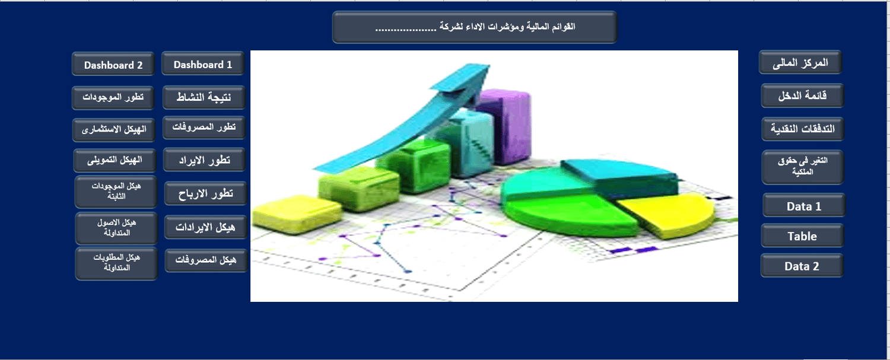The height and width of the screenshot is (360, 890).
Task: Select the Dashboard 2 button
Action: coord(113,64)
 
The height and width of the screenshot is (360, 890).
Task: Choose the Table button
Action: coord(803,235)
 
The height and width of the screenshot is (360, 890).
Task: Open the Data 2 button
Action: coord(802,266)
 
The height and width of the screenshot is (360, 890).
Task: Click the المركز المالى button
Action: coord(800,62)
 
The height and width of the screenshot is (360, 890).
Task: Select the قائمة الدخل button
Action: coord(803,95)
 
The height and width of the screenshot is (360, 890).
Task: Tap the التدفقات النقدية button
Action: coord(803,129)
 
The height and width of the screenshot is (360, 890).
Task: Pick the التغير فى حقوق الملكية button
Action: coord(803,167)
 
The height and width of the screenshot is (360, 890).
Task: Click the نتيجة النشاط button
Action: coord(204,97)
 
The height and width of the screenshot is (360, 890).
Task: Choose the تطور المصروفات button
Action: coord(204,127)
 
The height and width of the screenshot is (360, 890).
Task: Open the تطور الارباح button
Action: coord(205,193)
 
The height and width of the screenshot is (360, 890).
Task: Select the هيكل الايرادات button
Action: coord(205,227)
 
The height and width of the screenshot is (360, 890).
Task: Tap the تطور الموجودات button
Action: coord(113,98)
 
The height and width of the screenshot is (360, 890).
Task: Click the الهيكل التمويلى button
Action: coord(115,161)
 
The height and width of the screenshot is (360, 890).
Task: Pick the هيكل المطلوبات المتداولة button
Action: coord(116,264)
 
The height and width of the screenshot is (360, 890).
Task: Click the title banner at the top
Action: coord(475,27)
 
